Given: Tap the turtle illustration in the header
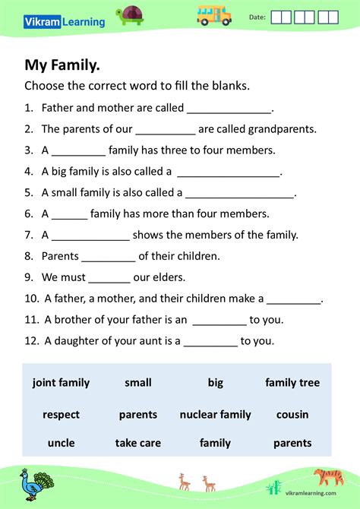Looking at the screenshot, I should coord(131,15).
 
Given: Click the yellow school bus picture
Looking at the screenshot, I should coord(214,14).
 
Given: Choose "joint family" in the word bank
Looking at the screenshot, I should coord(61,383).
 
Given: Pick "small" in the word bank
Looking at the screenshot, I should coord(138,383).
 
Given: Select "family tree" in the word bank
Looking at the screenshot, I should coord(292,383).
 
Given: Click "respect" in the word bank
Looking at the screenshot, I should coord(61,415).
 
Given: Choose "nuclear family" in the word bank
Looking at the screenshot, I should coord(215,415).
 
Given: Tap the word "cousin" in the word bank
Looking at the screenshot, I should coord(292,415).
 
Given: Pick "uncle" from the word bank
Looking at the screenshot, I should coord(61,443).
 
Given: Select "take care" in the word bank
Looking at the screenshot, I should coord(138,443).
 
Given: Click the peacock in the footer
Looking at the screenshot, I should coord(35,484).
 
